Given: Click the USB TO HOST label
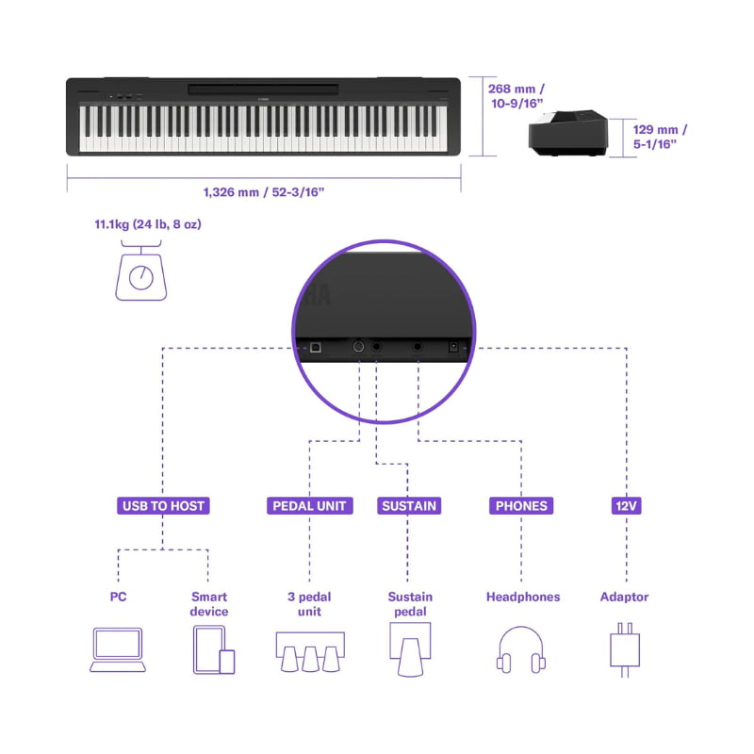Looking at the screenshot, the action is coord(163,506).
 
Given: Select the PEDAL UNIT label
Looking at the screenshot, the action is coord(310,506).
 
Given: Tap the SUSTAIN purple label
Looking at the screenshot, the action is coord(409,506).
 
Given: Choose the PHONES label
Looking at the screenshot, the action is coord(521,506).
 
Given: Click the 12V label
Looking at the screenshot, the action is coord(626,506).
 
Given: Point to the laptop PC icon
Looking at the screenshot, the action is coord(118,649).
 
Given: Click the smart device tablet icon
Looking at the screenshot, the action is coord(214,649).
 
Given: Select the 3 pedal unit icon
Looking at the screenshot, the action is coord(310,651).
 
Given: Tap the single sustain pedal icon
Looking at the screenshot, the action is coord(410,649).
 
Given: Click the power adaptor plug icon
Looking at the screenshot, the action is coord(625,650).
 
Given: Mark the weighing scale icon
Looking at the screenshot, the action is coord(140,270).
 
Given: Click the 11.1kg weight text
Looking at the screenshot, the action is coord(148,224).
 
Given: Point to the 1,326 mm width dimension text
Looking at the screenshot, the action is coord(264,192).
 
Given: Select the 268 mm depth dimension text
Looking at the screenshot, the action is coord(516,96).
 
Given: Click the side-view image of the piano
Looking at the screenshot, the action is coord(568,133).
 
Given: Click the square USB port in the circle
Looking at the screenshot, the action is coord(316,347).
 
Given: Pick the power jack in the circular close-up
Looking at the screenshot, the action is coord(453,346).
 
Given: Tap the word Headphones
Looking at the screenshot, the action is coord(523,597).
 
